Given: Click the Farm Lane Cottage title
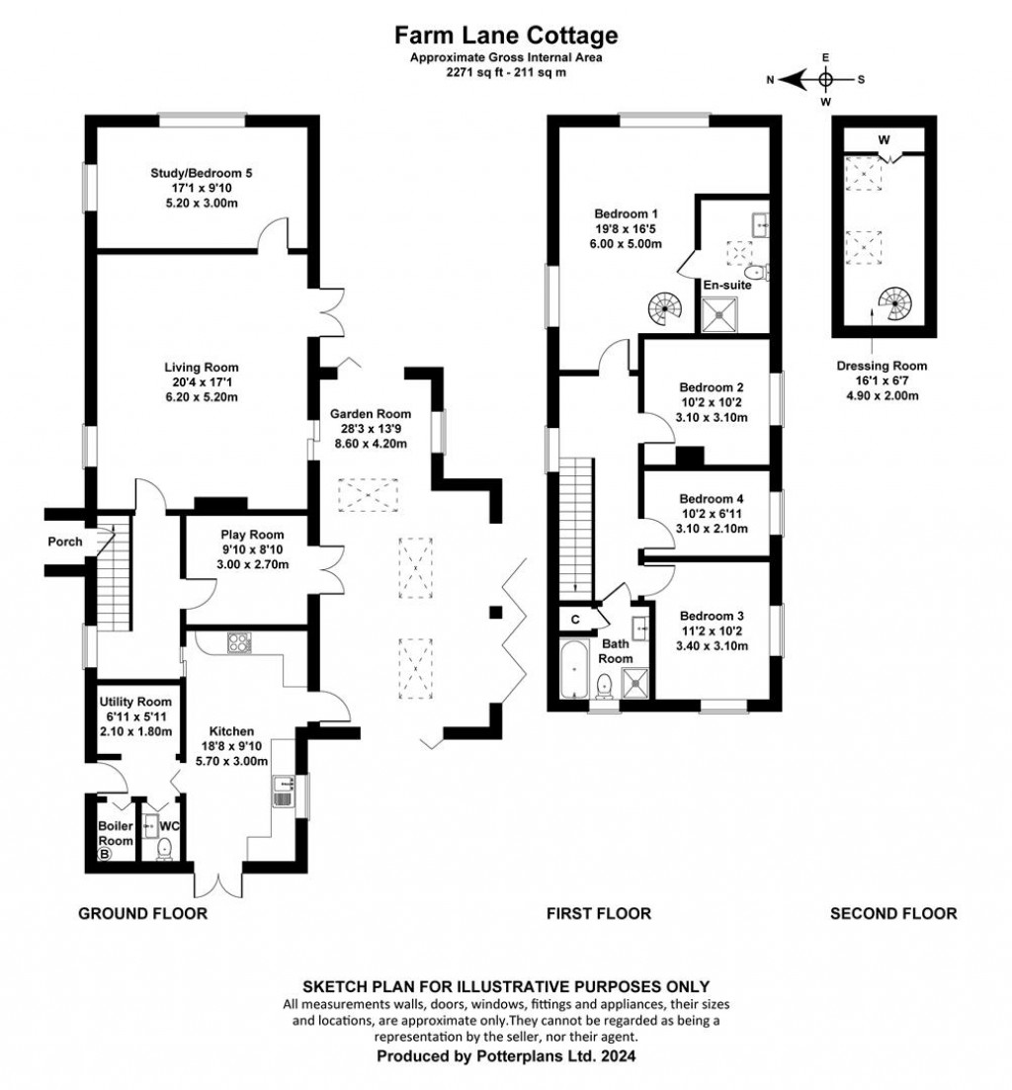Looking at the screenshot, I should coord(506,37).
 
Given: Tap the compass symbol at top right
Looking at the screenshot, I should coord(826,79).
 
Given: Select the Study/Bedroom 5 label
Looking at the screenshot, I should coord(202,174).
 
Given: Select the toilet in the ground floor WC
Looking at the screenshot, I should coord(165,847).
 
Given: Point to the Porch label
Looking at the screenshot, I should coord(65,542).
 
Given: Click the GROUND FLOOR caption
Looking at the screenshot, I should coord(143,913).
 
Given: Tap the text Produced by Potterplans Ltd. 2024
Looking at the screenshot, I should coord(506,1056).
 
